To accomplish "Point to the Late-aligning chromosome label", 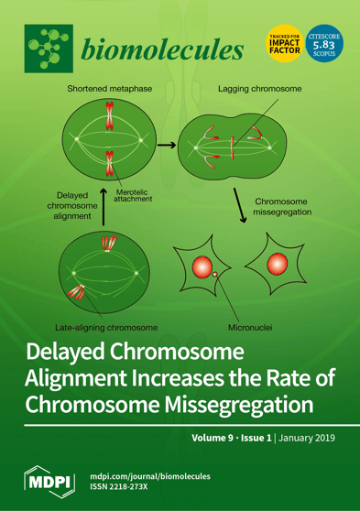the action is pyautogui.click(x=105, y=325).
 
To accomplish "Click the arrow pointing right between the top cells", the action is pyautogui.click(x=167, y=144).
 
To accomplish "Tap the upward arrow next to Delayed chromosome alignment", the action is pyautogui.click(x=104, y=201).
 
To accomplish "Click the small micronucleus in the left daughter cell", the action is pyautogui.click(x=213, y=273).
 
